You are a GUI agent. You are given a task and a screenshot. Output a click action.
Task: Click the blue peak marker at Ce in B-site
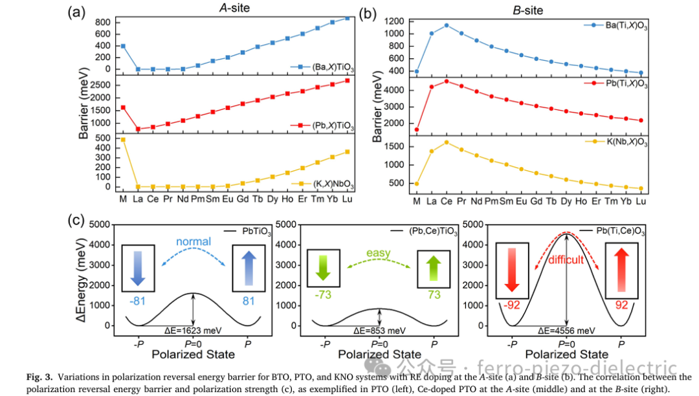tap(446, 25)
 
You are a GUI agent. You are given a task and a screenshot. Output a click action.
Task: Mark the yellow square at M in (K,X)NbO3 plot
tap(123, 140)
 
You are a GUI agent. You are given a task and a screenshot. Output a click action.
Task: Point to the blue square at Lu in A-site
tap(347, 18)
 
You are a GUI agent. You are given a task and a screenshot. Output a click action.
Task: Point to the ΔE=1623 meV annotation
tap(194, 330)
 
